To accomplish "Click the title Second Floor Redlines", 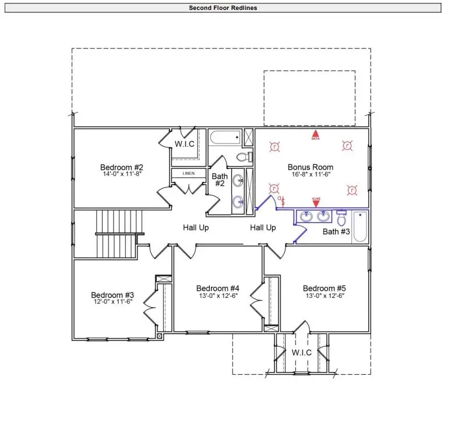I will coord(223,8).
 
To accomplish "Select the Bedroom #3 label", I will coord(112,295).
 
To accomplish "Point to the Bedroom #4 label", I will coord(218,289).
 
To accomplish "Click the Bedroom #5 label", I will coord(325,289).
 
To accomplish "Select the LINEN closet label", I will coord(189,174).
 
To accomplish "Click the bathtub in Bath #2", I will coord(225,138).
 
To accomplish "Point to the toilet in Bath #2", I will coord(244,157).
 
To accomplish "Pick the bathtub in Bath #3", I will coord(360,227).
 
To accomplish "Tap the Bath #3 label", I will coord(336,232).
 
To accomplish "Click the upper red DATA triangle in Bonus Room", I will coord(315,135).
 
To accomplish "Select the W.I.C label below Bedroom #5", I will coord(301,353).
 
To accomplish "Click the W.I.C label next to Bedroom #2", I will coord(185,143).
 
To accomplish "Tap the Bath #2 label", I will coord(219,180).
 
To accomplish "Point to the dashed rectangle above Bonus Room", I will coord(309,98).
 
